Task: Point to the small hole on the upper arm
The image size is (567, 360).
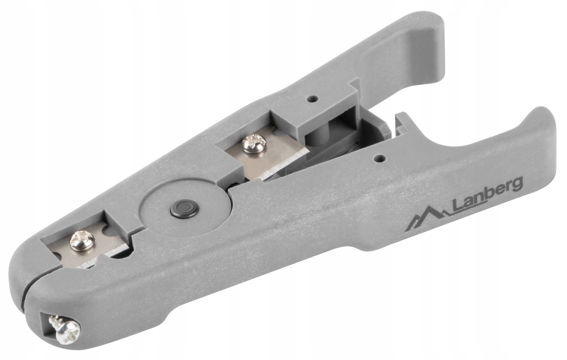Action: tap(313, 98)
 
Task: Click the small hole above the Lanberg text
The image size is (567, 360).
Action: tap(380, 158)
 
